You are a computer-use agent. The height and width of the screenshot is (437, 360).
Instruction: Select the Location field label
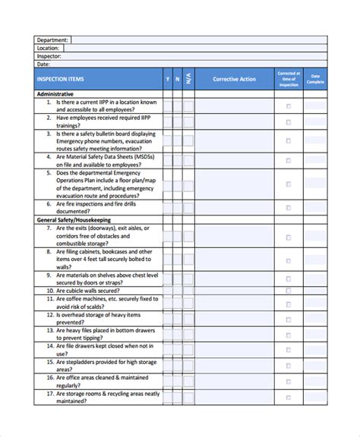[49, 48]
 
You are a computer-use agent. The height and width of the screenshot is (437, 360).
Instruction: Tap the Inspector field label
[49, 55]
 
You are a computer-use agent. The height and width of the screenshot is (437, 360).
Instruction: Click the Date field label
[43, 64]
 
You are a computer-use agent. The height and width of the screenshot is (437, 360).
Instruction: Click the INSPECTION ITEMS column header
[59, 80]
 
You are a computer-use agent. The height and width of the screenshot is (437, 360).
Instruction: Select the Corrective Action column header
[234, 80]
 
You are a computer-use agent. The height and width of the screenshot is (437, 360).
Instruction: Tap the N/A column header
[188, 80]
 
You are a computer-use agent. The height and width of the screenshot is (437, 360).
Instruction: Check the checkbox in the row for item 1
[288, 105]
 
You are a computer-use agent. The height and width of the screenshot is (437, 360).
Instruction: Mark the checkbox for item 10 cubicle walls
[288, 290]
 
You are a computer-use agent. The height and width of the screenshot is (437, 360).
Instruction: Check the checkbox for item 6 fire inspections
[288, 208]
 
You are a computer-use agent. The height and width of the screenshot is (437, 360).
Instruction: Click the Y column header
[167, 80]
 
